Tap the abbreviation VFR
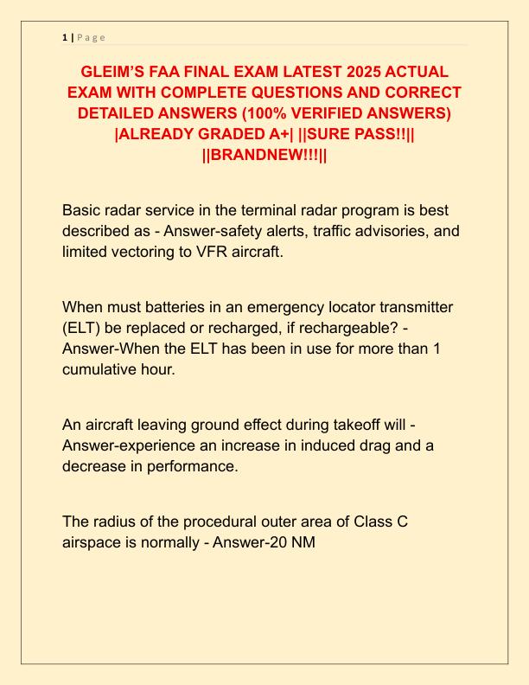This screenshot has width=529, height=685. tap(213, 252)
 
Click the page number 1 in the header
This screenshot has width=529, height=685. tap(64, 37)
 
